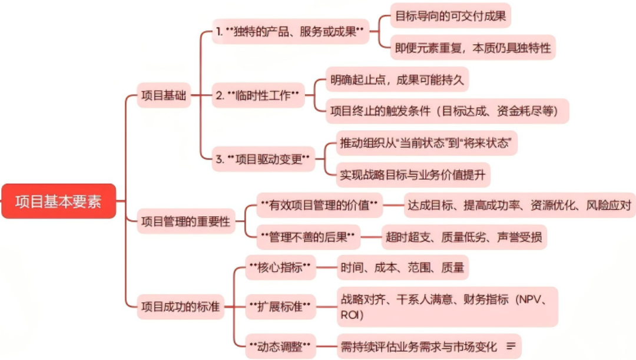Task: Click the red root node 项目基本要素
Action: [x=58, y=202]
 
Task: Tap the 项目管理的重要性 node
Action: [x=185, y=222]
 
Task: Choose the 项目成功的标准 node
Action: [x=181, y=306]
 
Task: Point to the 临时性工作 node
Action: [x=258, y=95]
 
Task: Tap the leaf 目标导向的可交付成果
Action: [x=450, y=16]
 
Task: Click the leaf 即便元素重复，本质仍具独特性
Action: [x=473, y=48]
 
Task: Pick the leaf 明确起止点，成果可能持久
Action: [x=397, y=80]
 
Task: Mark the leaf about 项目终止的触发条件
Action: [x=448, y=111]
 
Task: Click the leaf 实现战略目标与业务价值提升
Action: [x=414, y=174]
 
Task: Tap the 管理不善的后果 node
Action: [x=306, y=237]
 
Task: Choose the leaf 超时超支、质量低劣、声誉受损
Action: [x=463, y=237]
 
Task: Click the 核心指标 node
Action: [x=280, y=268]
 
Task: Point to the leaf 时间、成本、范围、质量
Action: [x=402, y=268]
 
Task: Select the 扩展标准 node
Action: [x=280, y=306]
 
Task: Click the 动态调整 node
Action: [x=280, y=346]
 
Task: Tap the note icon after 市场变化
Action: [x=511, y=346]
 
